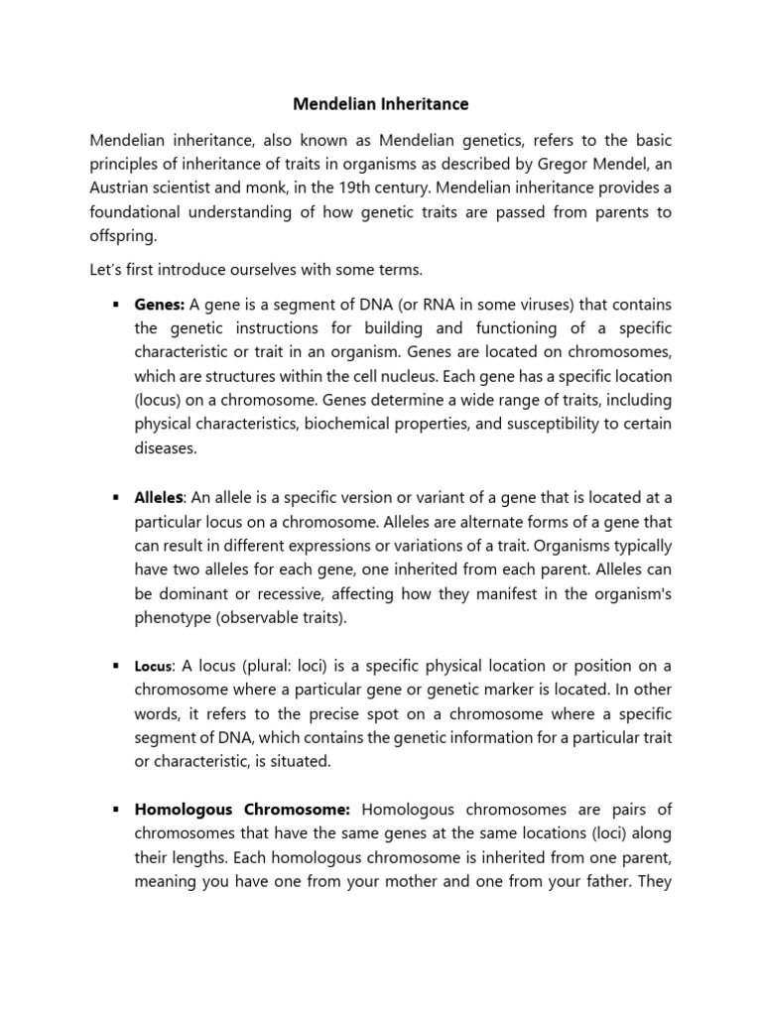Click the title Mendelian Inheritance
[x=381, y=103]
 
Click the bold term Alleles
[x=160, y=497]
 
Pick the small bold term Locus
[x=154, y=666]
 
